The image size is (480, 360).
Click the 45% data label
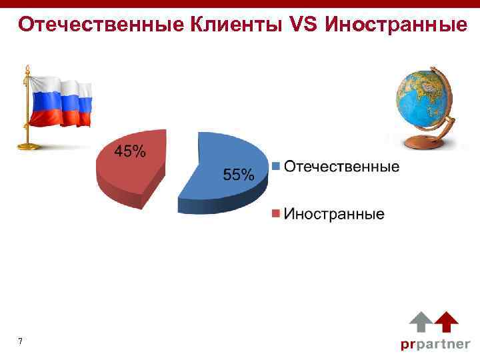coord(131,152)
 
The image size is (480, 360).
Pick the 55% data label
coord(238,175)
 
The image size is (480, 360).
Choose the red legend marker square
coord(275,214)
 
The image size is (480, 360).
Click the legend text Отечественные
coord(342,166)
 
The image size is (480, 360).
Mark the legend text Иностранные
coord(334,214)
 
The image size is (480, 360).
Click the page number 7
coord(21,342)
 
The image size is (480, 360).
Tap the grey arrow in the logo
coord(420,322)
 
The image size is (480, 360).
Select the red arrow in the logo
coord(446,322)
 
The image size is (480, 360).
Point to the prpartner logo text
coord(435,344)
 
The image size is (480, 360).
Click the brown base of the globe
coord(421,141)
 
